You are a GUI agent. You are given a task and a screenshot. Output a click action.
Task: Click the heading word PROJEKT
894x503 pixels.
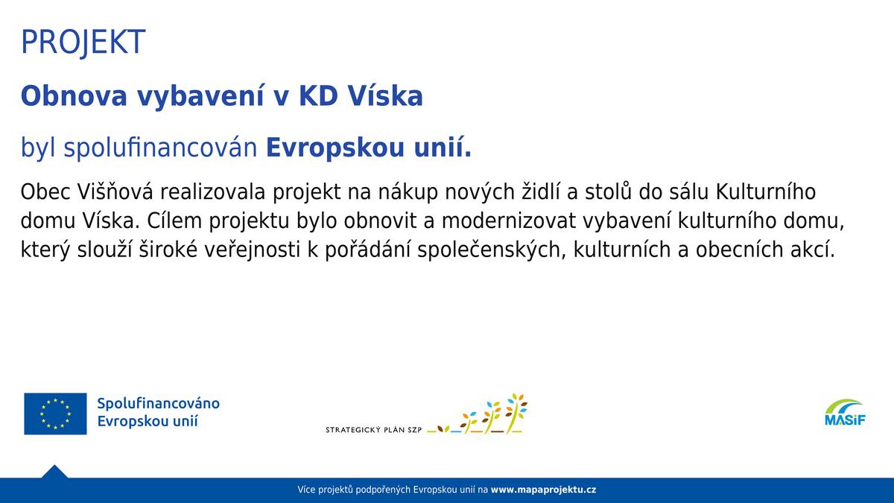[83, 42]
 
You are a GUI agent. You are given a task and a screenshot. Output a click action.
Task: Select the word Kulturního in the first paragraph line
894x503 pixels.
[766, 192]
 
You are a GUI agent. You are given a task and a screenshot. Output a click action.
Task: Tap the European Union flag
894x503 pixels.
[55, 414]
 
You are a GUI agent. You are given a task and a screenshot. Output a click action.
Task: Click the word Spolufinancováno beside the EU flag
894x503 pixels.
[158, 403]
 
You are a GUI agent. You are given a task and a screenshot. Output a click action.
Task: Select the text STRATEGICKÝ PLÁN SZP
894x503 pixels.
[373, 431]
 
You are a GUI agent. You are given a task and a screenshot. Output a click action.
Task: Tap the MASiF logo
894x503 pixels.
[845, 413]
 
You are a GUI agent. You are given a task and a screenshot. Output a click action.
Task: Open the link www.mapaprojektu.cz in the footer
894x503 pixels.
[543, 490]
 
